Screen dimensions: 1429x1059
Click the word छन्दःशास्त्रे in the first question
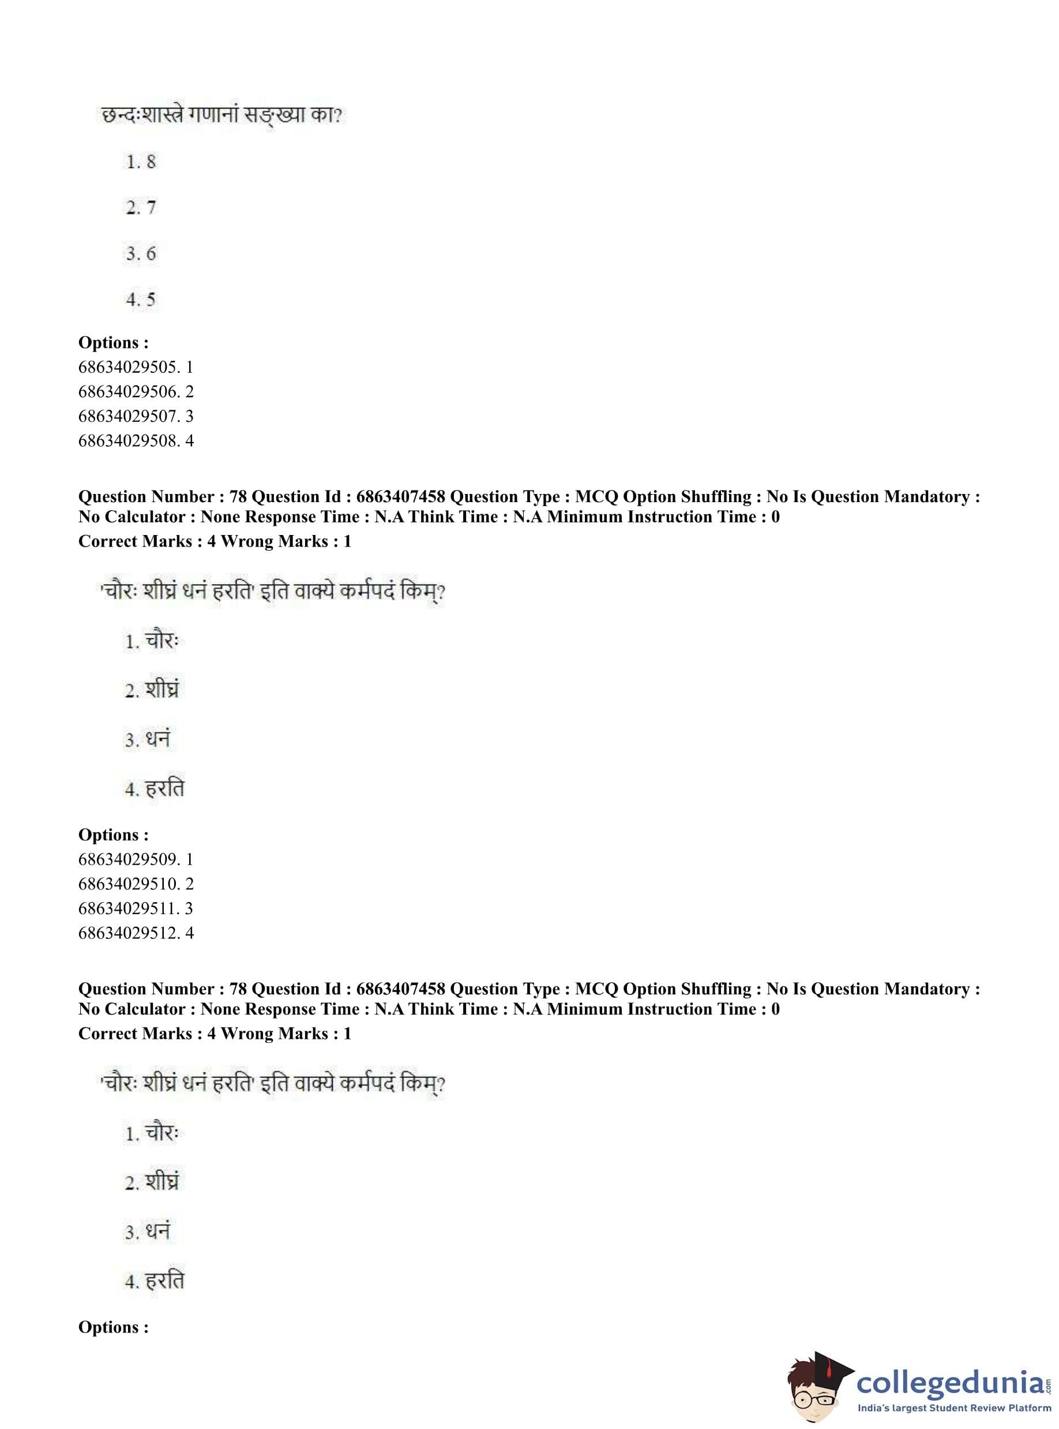tap(143, 116)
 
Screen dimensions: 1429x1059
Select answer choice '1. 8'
tap(140, 162)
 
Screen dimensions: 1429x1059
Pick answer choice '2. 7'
tap(140, 208)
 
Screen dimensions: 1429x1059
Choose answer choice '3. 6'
tap(140, 254)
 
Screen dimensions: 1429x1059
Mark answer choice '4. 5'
tap(140, 300)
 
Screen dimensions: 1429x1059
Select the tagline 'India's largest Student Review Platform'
tap(954, 1408)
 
